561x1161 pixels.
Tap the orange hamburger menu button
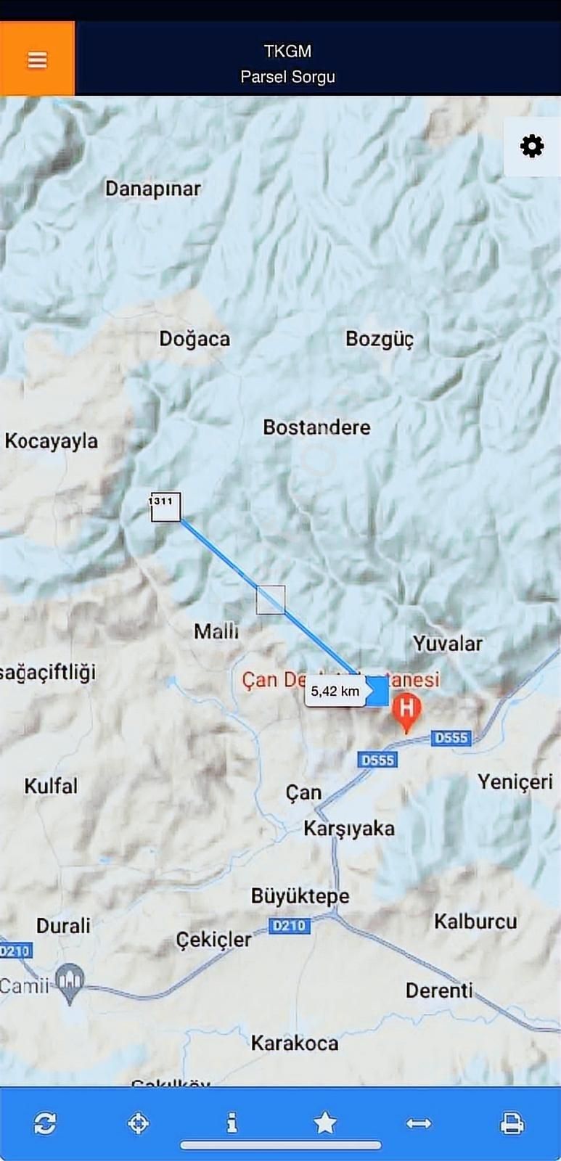coord(37,60)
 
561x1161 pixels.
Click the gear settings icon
coord(532,146)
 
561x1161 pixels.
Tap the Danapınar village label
coord(152,189)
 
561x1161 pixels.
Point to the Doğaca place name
coord(194,339)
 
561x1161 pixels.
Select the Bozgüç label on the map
coord(380,339)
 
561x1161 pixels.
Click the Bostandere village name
coord(316,427)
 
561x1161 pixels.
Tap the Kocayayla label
coord(51,441)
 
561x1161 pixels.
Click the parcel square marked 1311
coord(165,506)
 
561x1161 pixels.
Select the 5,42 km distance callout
coord(335,692)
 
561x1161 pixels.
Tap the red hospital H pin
coord(406,710)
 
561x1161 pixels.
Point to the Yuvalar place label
coord(447,643)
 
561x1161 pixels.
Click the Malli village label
coord(216,631)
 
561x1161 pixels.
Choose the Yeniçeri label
coord(515,781)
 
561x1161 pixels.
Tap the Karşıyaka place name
coord(349,829)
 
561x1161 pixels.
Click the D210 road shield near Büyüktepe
coord(289,925)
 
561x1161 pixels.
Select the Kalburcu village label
coord(475,922)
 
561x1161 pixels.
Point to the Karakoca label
coord(295,1043)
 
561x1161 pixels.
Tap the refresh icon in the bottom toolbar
coord(45,1123)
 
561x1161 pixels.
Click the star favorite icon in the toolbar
coord(325,1123)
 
